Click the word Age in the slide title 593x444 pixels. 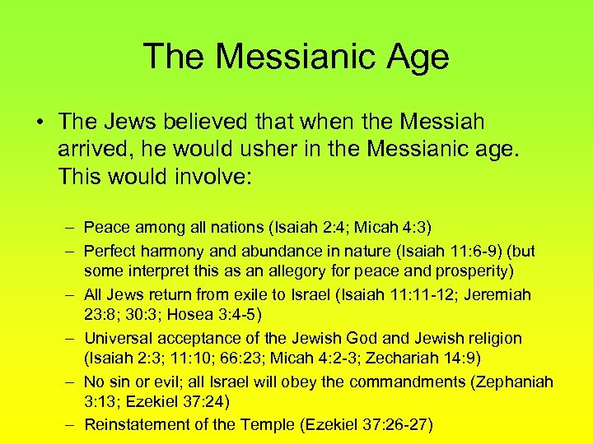pyautogui.click(x=414, y=57)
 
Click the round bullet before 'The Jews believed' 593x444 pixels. pyautogui.click(x=39, y=123)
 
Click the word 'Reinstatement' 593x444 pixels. pyautogui.click(x=130, y=424)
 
